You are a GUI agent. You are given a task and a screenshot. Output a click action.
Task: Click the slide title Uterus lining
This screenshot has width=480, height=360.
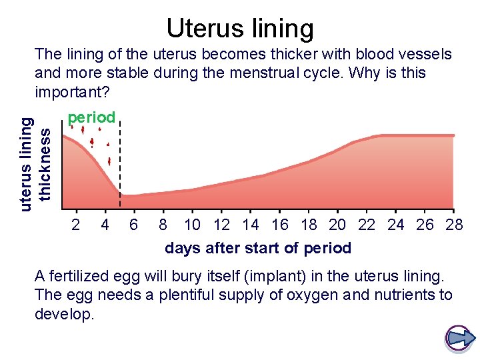click(x=240, y=29)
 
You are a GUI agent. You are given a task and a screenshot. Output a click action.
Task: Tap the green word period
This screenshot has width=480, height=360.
click(x=91, y=117)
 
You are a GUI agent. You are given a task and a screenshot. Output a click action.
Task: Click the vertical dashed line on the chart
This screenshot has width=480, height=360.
click(x=120, y=167)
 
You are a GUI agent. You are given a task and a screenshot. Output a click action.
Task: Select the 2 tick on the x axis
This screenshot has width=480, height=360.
click(x=76, y=225)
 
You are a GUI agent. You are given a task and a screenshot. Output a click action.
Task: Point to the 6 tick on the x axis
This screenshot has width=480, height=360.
click(x=133, y=225)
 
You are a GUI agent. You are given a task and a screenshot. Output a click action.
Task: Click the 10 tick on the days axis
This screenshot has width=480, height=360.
click(x=192, y=225)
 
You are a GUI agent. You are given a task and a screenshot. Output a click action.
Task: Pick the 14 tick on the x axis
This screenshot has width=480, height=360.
click(x=251, y=225)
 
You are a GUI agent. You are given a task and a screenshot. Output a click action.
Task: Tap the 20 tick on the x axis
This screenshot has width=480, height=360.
click(x=337, y=225)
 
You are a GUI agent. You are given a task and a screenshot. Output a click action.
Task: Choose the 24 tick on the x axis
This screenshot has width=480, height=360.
click(x=395, y=225)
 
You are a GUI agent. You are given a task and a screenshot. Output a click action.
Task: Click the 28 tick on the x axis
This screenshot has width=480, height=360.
click(x=454, y=225)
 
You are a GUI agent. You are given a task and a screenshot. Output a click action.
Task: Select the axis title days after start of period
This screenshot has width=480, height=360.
click(x=258, y=248)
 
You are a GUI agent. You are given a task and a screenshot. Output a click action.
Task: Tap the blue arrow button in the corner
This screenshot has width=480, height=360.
click(x=459, y=338)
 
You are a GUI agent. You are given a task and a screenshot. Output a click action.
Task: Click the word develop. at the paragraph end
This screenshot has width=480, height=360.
click(x=65, y=313)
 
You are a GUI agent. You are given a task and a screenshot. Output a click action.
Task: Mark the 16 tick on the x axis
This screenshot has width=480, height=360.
click(x=280, y=225)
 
